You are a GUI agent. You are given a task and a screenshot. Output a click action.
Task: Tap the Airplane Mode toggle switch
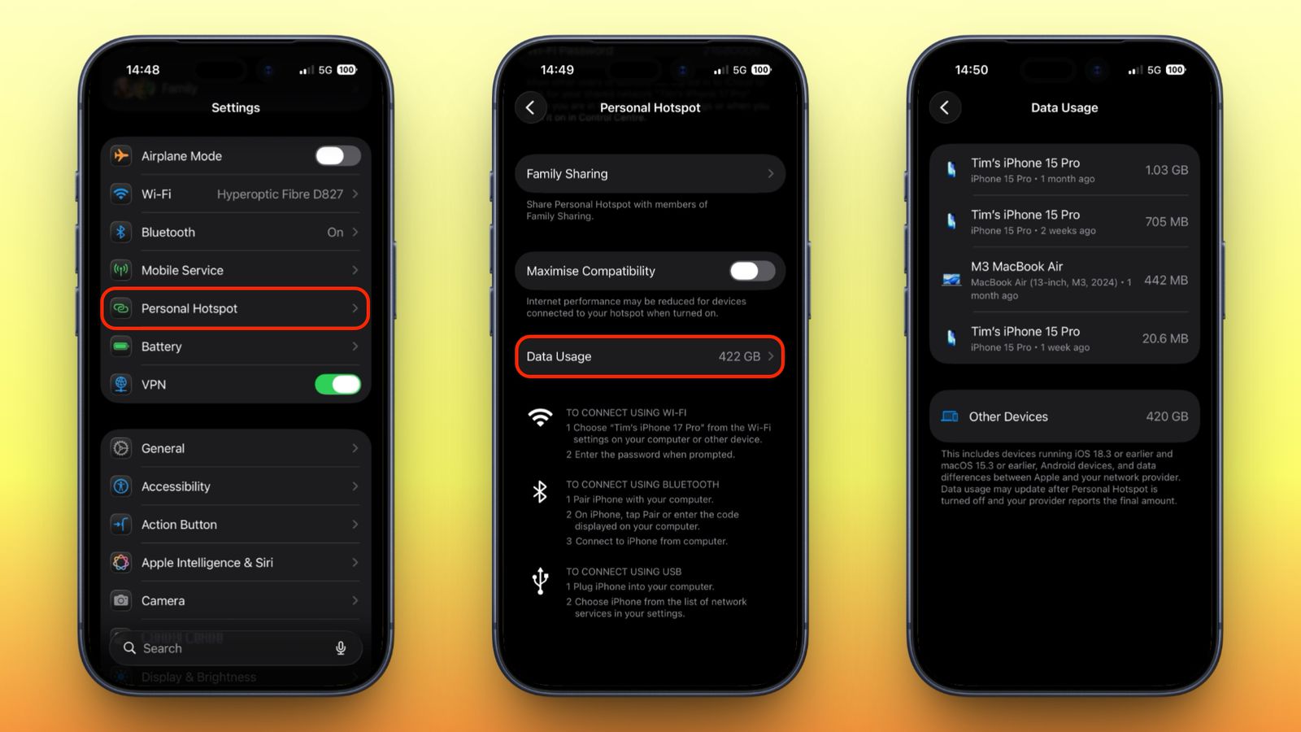click(x=337, y=156)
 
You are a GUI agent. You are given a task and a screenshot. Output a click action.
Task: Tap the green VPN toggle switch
click(x=337, y=385)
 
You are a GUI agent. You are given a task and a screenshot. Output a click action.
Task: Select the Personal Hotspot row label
click(x=189, y=309)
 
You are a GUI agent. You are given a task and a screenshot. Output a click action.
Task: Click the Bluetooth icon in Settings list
click(x=121, y=233)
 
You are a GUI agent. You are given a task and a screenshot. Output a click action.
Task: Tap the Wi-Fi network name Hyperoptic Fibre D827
click(x=280, y=194)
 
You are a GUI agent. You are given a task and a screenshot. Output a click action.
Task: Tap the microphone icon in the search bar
click(x=341, y=648)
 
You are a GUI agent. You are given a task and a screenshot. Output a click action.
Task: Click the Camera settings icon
click(x=121, y=601)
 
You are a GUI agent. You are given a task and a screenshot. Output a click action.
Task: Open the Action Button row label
click(x=179, y=525)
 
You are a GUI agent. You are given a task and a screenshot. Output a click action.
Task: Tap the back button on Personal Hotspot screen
click(x=531, y=107)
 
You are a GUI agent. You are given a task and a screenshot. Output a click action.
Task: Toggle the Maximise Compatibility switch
click(x=751, y=271)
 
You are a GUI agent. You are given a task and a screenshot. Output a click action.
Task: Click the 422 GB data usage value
click(x=739, y=357)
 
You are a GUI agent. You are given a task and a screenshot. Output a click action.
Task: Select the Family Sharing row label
click(x=567, y=174)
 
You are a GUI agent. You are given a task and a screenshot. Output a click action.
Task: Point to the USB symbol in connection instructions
click(x=541, y=582)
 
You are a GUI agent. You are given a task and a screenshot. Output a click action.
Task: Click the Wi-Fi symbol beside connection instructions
click(x=540, y=417)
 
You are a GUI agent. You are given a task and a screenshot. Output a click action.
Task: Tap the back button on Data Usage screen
click(x=945, y=107)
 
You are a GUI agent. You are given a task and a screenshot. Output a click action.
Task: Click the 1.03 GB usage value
click(x=1166, y=170)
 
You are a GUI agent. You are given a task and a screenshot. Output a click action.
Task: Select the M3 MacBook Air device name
click(x=1016, y=267)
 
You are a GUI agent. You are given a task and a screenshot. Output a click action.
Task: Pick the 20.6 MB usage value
click(x=1164, y=338)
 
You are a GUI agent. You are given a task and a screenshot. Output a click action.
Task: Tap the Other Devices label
click(x=1008, y=416)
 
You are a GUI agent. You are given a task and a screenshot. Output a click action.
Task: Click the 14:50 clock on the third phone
click(x=972, y=70)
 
